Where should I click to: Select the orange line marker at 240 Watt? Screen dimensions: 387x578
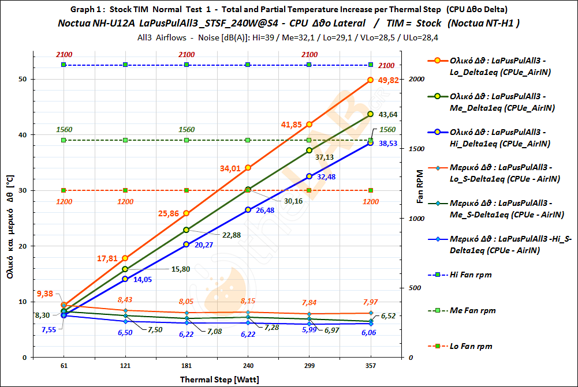coord(248,167)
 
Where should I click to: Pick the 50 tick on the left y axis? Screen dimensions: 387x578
coord(23,79)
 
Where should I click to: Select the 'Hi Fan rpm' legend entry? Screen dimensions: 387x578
coord(471,275)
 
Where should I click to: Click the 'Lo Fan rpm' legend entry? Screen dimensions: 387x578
coord(471,346)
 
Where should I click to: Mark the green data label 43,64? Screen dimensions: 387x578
coord(388,114)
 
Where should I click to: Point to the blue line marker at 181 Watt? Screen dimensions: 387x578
coord(187,244)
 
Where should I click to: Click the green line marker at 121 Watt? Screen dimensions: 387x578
coord(125,269)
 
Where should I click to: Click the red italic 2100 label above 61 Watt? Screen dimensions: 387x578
coord(64,55)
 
